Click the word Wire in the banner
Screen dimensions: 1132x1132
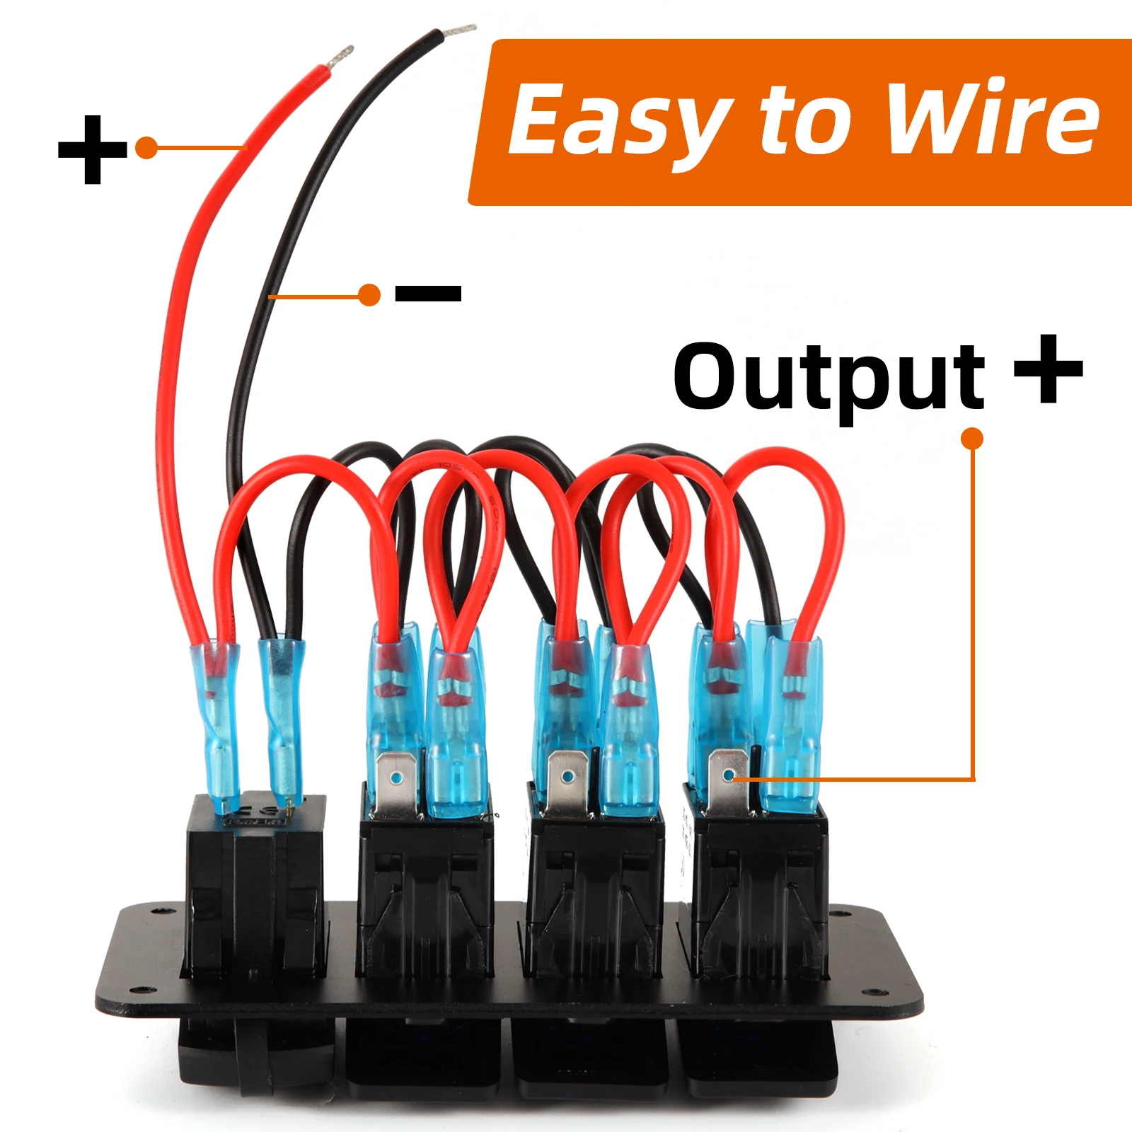pyautogui.click(x=993, y=117)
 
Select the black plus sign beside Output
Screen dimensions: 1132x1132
pyautogui.click(x=1049, y=369)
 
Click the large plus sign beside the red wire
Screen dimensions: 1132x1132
pyautogui.click(x=93, y=149)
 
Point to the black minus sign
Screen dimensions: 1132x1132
pyautogui.click(x=428, y=293)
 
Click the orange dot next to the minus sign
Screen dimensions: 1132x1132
pyautogui.click(x=369, y=294)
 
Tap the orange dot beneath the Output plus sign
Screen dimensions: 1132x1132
pyautogui.click(x=973, y=439)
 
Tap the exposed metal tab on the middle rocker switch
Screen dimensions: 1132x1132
pyautogui.click(x=567, y=780)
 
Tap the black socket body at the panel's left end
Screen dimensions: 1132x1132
pyautogui.click(x=255, y=884)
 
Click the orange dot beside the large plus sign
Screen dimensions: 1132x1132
pyautogui.click(x=146, y=148)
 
